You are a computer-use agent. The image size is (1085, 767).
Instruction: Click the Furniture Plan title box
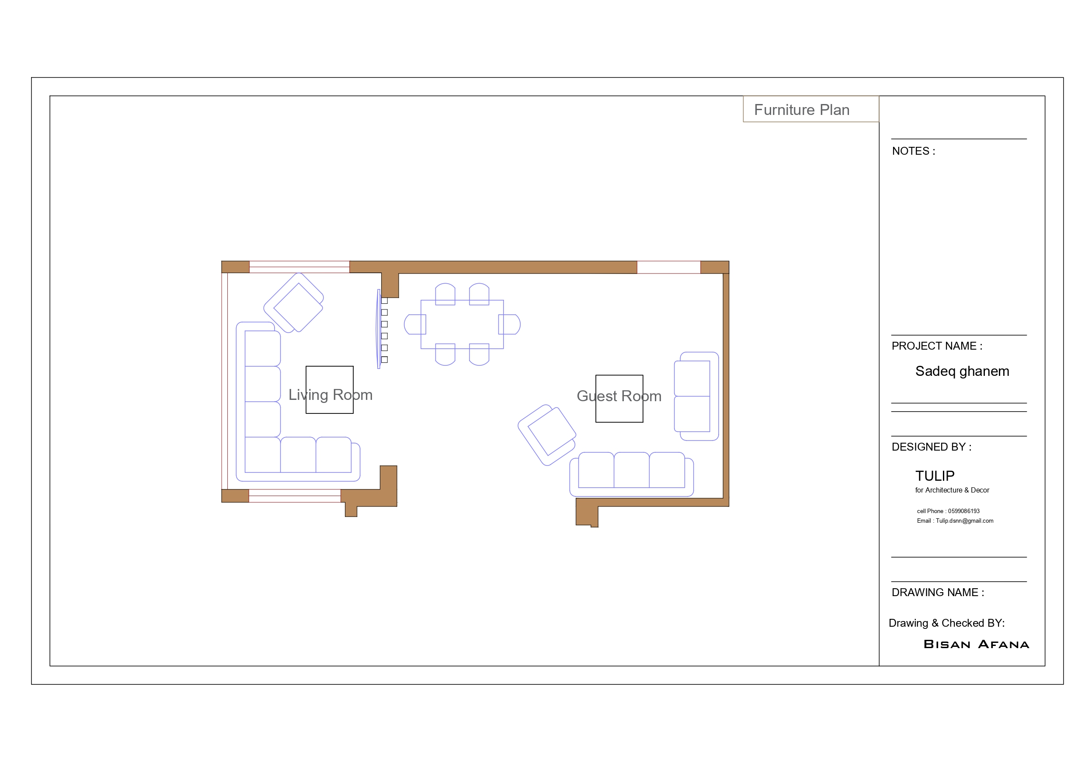pos(810,109)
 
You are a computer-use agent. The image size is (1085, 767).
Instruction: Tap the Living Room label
pos(330,395)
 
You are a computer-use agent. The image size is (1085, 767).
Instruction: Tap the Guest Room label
pos(619,396)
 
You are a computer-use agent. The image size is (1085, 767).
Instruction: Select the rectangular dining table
pos(462,324)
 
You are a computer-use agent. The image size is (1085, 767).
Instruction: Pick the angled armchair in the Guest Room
pos(547,435)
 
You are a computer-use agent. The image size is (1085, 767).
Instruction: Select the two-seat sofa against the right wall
pos(696,396)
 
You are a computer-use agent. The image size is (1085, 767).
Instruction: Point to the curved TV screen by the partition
pos(379,329)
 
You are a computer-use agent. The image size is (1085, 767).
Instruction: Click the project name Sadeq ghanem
pos(962,371)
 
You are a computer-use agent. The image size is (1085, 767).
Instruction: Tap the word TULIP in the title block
pos(934,475)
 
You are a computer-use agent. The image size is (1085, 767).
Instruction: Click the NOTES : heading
pos(913,151)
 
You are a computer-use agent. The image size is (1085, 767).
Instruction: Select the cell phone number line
pos(948,511)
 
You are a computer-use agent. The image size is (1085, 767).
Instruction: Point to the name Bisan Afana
pos(976,644)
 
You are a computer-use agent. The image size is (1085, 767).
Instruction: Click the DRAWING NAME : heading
pos(938,592)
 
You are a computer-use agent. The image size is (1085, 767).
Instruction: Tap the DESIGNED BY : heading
pos(931,447)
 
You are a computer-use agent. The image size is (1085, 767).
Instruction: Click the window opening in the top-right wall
pos(668,267)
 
